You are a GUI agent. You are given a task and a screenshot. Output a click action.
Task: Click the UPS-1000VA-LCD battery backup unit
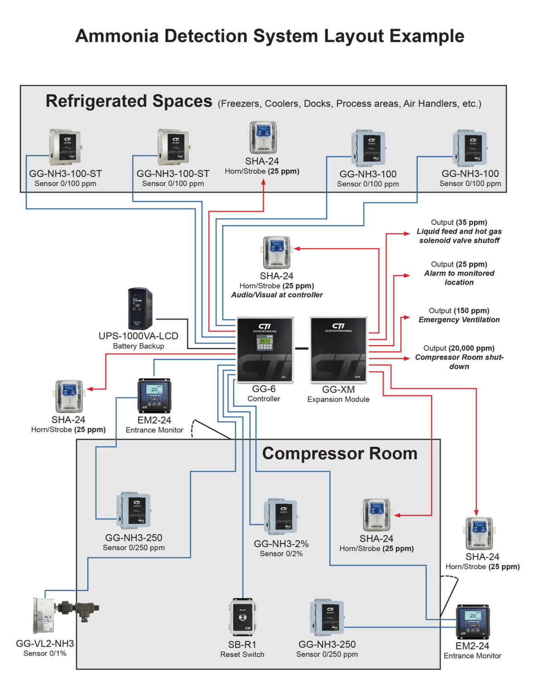coord(140,309)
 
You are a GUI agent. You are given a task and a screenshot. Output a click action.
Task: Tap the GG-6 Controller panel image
coord(265,350)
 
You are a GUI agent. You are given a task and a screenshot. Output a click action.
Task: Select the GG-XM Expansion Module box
coord(338,350)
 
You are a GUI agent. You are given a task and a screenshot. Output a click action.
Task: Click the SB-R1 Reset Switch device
coord(242,617)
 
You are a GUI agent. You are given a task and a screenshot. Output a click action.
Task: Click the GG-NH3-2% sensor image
coord(281,517)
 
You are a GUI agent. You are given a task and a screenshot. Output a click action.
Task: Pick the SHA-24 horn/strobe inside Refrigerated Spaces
coord(263,138)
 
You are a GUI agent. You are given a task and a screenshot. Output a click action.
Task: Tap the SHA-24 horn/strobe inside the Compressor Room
coord(376,515)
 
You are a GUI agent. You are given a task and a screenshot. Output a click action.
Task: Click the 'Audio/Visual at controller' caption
coord(277,295)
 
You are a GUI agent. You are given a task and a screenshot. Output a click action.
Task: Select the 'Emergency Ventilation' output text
coord(459,320)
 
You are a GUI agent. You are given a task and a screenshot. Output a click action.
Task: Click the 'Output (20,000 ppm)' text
coord(459,348)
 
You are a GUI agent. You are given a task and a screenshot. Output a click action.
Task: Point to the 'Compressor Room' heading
coord(339,454)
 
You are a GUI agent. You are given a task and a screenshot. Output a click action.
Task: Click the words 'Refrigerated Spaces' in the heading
coord(129,101)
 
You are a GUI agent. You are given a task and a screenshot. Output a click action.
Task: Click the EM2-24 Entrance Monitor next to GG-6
coord(154,395)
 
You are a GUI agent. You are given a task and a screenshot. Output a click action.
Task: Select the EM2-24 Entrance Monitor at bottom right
coord(472,621)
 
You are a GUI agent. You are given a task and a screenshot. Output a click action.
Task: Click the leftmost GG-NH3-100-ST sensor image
coord(65,148)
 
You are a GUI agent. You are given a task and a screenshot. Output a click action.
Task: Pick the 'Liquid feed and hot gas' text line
coord(459,232)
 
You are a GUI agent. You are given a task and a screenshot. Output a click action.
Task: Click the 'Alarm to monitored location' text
coord(459,278)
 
